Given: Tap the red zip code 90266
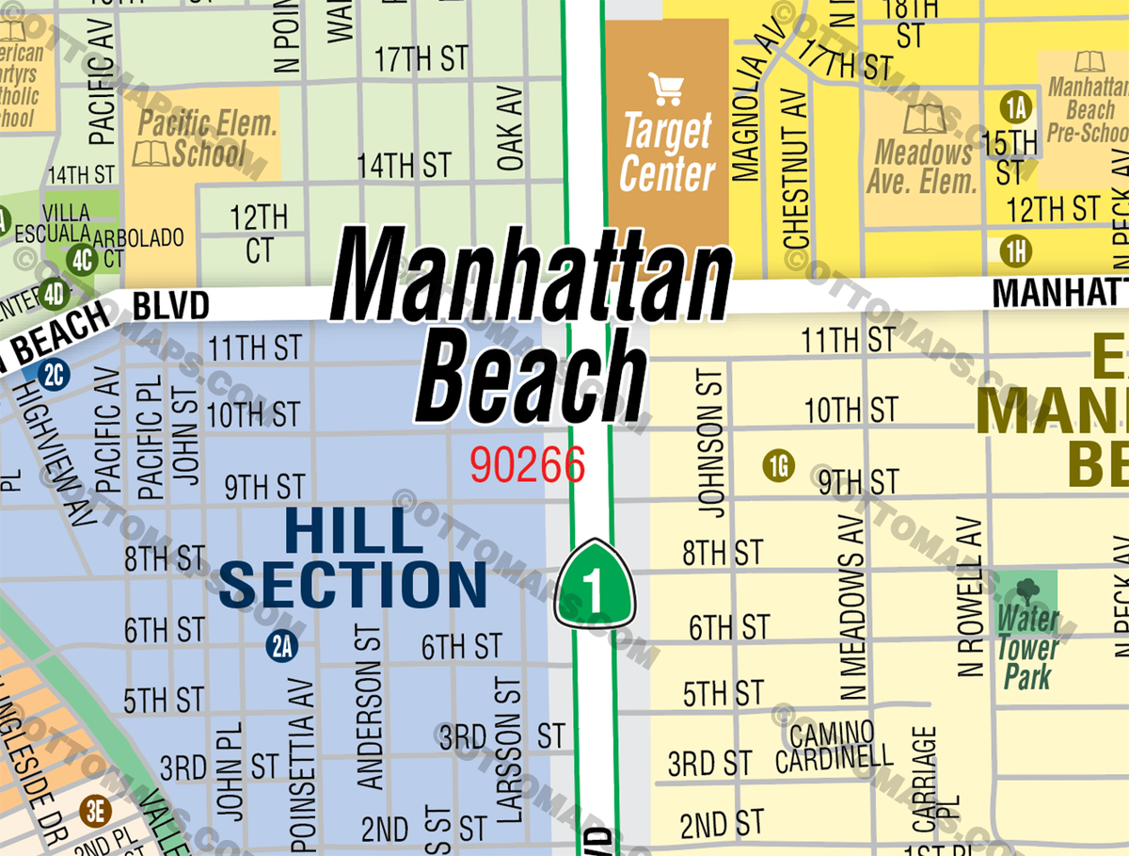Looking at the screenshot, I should [528, 463].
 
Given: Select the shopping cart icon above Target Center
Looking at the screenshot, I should [666, 89].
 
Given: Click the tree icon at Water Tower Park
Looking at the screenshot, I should [1027, 591].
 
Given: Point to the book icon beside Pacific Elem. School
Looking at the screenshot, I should [151, 153].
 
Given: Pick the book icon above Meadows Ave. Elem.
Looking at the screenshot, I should [923, 120].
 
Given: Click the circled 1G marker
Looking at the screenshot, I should [779, 465].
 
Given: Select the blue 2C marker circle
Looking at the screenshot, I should [54, 375].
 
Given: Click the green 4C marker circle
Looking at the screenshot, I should [83, 258].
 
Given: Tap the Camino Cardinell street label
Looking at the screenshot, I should [834, 746].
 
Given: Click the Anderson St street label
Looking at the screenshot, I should [371, 707].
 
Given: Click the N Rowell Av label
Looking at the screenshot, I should [970, 598].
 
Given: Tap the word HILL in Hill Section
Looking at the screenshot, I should [354, 530].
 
